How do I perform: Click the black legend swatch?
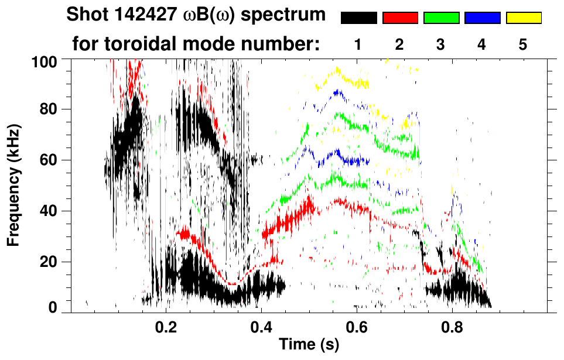(358, 18)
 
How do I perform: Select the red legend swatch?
(400, 18)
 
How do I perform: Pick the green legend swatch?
(441, 18)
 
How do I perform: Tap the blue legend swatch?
(482, 18)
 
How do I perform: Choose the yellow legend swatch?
(524, 18)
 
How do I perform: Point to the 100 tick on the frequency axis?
(46, 61)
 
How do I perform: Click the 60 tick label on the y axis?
(50, 160)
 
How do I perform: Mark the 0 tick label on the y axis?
(53, 307)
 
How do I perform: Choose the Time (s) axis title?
(309, 345)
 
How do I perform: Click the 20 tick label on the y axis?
(50, 262)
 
